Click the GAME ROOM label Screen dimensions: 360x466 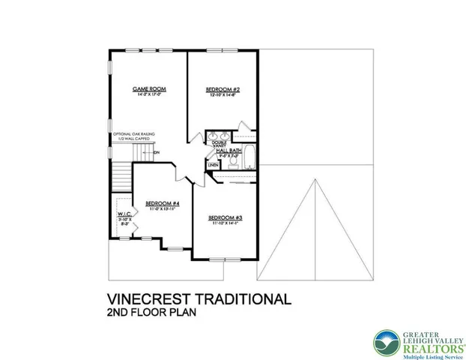(x=149, y=88)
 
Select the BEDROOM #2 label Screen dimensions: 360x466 (x=222, y=88)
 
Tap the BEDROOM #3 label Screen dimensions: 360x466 (x=225, y=217)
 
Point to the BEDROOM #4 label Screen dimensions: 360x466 (x=162, y=203)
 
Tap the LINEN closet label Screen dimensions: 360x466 (x=214, y=164)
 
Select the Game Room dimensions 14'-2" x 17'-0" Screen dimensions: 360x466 (x=149, y=94)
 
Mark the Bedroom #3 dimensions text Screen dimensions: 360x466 (x=225, y=223)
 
